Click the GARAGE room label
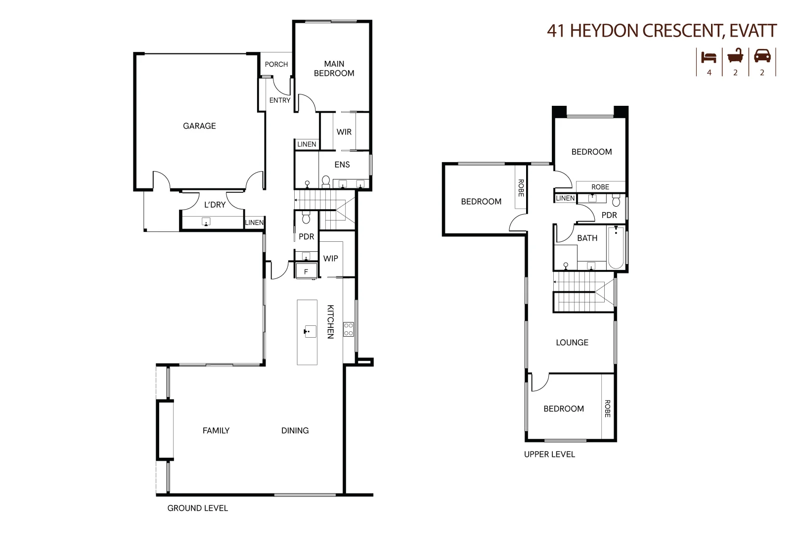[199, 126]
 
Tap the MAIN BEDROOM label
[334, 69]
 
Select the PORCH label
[276, 64]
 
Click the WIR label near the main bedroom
[344, 132]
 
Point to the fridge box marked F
[306, 271]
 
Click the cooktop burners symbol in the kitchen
[349, 329]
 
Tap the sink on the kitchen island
[310, 331]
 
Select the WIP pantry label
[330, 259]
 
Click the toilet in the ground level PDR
[306, 218]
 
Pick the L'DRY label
[215, 205]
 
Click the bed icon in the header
[709, 57]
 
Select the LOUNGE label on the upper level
[572, 343]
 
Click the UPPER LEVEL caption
[549, 454]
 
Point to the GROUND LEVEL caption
[197, 508]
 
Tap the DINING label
[295, 431]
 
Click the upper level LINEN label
[565, 198]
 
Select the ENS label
[342, 165]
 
